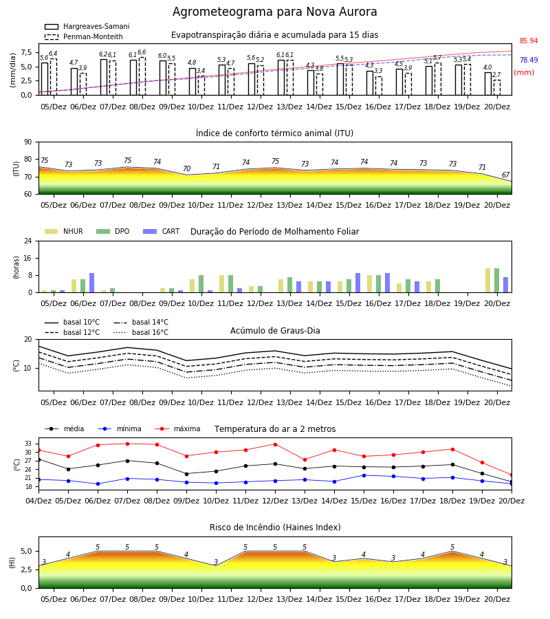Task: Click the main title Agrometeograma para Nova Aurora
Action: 274,12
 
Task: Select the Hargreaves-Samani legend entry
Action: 87,26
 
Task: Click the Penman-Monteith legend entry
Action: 84,36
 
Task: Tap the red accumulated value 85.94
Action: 529,41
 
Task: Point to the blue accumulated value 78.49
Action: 529,60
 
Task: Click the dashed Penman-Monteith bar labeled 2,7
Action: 497,87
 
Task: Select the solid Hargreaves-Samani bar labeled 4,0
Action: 488,84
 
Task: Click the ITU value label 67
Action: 505,175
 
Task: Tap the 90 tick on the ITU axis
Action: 28,142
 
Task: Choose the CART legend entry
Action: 162,231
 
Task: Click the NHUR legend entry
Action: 64,231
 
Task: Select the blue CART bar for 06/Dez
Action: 92,283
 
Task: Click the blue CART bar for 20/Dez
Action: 506,285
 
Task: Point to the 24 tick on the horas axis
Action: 28,241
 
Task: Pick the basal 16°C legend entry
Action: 141,332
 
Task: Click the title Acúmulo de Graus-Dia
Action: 275,331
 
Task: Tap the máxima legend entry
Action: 178,428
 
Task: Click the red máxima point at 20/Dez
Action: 511,475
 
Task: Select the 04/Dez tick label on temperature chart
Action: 38,501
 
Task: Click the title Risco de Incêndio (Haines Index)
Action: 275,528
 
